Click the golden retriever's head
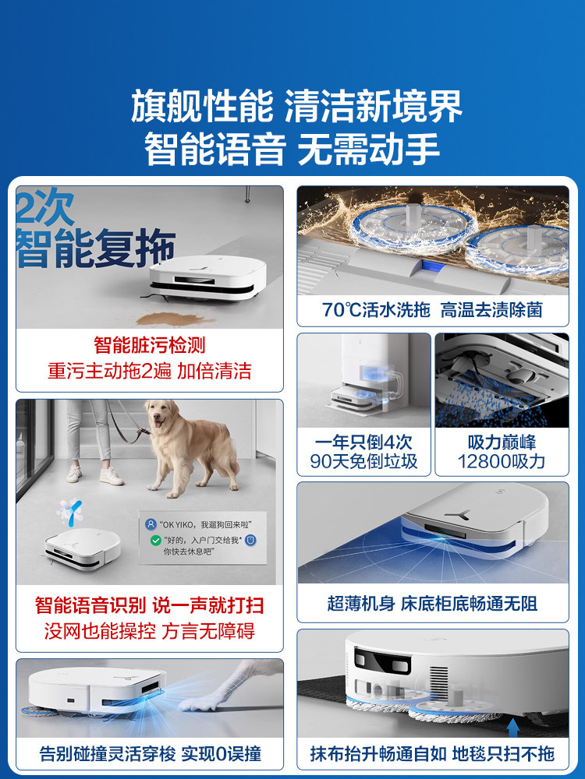tap(159, 416)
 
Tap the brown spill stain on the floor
tap(174, 319)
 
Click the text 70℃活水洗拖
tap(376, 310)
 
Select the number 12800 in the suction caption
tap(480, 462)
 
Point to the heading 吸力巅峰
tap(502, 442)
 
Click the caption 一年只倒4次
tap(363, 442)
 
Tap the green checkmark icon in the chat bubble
tap(156, 540)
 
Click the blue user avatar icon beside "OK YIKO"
tap(151, 524)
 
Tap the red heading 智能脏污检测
tap(149, 345)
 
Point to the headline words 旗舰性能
tap(202, 106)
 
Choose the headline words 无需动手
tap(369, 149)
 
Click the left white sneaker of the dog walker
tap(73, 474)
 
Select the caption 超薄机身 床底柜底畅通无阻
tap(432, 604)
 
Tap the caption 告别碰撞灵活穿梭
tap(108, 753)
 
